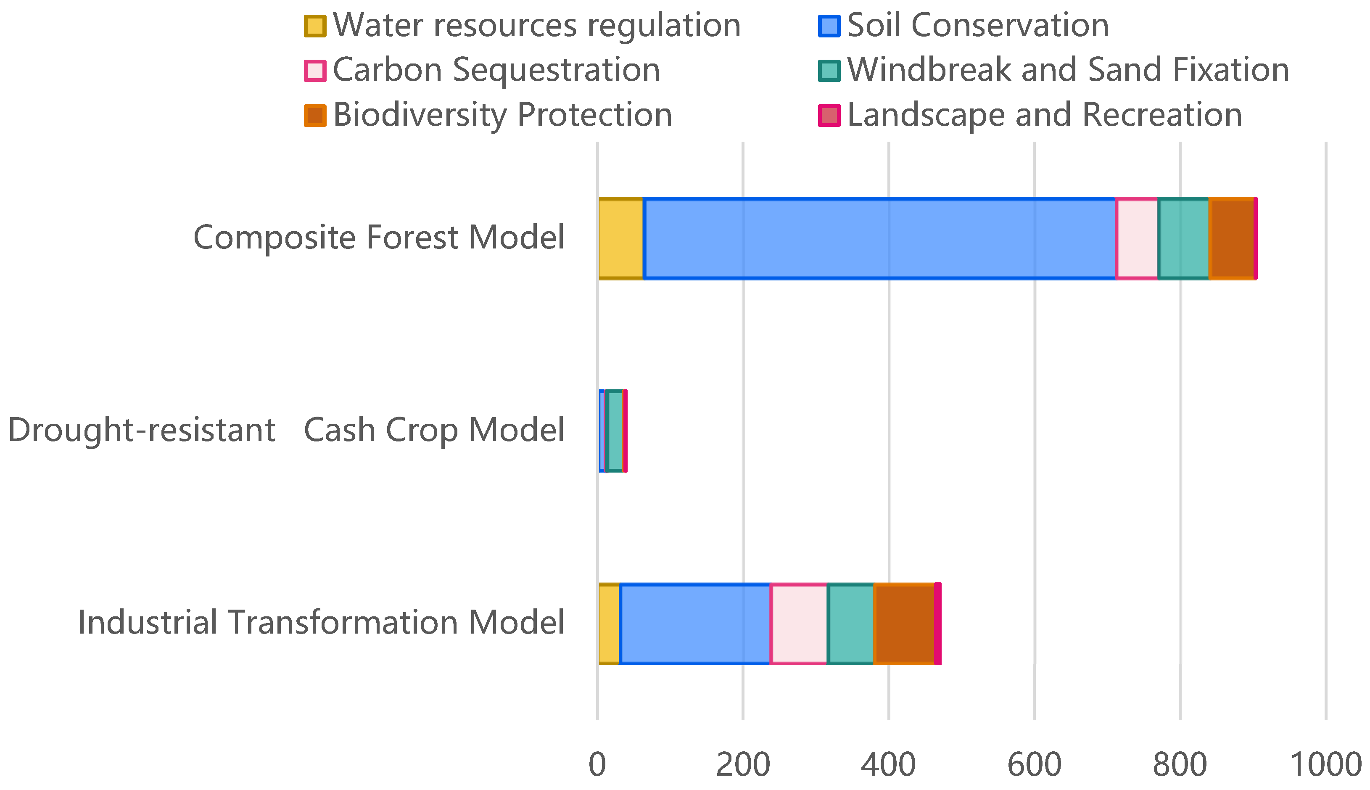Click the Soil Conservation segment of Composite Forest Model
tap(879, 239)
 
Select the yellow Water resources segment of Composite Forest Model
tap(620, 239)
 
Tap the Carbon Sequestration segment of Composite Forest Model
tap(1137, 239)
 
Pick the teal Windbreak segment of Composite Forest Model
tap(1183, 239)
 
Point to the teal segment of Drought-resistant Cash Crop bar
tap(615, 431)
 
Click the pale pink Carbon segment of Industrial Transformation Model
tap(799, 624)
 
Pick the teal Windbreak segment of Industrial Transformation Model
tap(850, 624)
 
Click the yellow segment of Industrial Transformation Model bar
tap(609, 624)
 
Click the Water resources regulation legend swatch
tap(315, 26)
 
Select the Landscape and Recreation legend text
tap(1045, 115)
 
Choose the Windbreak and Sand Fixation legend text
tap(1068, 70)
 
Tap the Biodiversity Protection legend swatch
tap(315, 116)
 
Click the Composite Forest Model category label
tap(379, 238)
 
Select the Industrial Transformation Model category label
tap(322, 622)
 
